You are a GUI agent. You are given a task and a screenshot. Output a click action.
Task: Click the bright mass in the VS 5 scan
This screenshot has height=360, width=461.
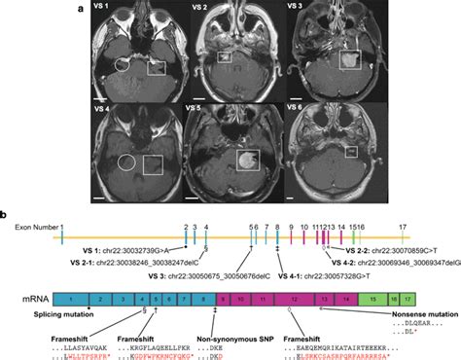pos(248,160)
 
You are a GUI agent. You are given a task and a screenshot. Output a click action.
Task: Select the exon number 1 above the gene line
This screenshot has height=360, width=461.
pos(61,226)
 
